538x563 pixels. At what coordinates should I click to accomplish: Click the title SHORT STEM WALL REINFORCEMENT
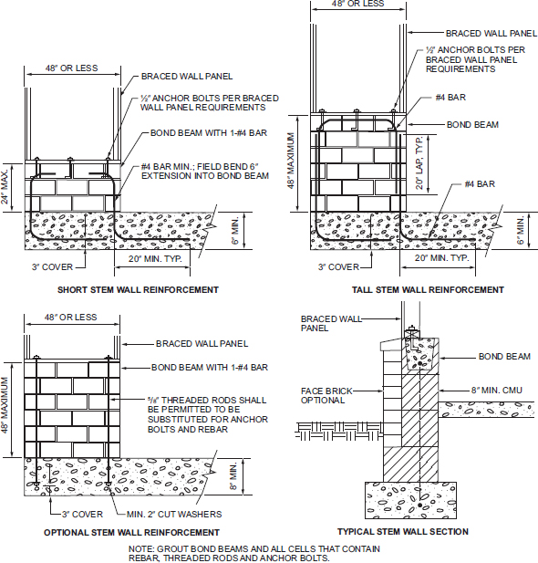pyautogui.click(x=139, y=290)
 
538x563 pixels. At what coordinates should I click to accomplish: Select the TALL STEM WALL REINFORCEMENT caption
pyautogui.click(x=428, y=290)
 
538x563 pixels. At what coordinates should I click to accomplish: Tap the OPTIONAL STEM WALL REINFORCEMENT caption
pyautogui.click(x=131, y=532)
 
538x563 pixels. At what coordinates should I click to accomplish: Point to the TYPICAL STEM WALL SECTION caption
pyautogui.click(x=403, y=531)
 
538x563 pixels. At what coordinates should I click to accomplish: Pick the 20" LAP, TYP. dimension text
pyautogui.click(x=419, y=162)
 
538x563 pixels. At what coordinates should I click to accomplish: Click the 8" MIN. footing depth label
pyautogui.click(x=233, y=476)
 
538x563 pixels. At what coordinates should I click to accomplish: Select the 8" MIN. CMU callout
pyautogui.click(x=497, y=391)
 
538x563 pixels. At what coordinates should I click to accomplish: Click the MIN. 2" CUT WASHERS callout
pyautogui.click(x=174, y=514)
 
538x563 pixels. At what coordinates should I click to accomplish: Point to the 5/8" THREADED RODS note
pyautogui.click(x=208, y=414)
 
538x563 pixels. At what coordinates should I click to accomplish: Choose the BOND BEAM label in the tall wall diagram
pyautogui.click(x=472, y=125)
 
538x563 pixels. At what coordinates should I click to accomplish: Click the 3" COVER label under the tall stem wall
pyautogui.click(x=338, y=266)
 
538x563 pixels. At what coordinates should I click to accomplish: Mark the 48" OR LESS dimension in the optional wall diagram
pyautogui.click(x=71, y=318)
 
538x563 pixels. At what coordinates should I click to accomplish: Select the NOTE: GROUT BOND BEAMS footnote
pyautogui.click(x=254, y=553)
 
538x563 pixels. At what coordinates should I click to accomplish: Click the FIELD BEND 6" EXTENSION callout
pyautogui.click(x=205, y=172)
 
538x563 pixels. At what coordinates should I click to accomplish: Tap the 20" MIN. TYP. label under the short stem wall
pyautogui.click(x=155, y=258)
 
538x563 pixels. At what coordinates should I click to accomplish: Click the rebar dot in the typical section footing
pyautogui.click(x=420, y=506)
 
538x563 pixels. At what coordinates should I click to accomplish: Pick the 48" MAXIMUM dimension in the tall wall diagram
pyautogui.click(x=291, y=161)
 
